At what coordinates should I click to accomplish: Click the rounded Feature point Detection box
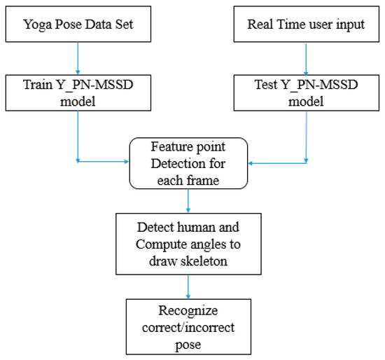(188, 162)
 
